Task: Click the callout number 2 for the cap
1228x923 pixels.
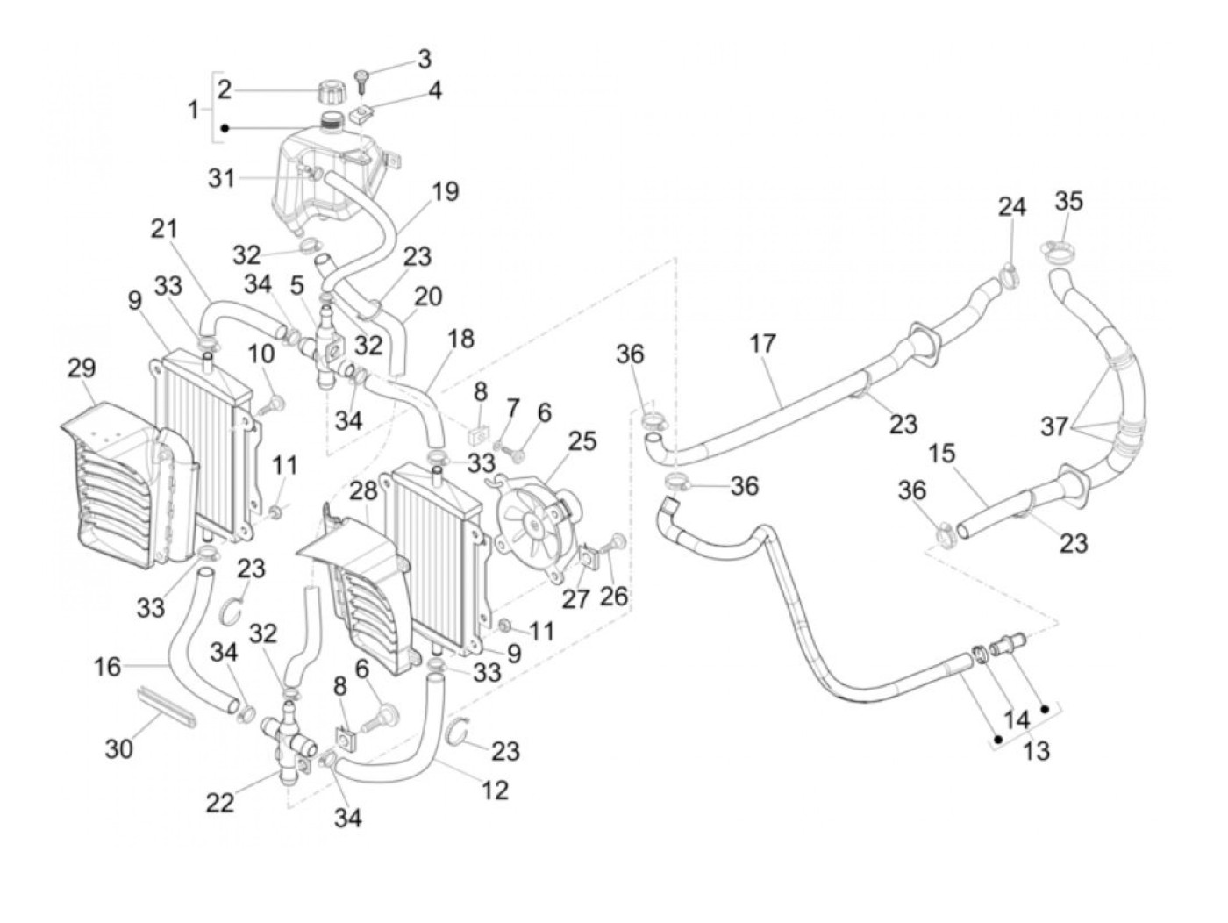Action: click(225, 89)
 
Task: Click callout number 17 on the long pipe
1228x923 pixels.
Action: click(763, 343)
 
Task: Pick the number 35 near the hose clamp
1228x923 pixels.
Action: click(1068, 201)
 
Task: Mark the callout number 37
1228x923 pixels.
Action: click(1055, 426)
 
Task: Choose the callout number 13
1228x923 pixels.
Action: click(1037, 751)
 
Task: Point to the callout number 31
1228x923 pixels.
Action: click(221, 178)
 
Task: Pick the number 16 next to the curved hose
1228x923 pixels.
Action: click(108, 668)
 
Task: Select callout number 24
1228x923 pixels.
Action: click(1011, 207)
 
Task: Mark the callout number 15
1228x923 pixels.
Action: click(943, 454)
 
